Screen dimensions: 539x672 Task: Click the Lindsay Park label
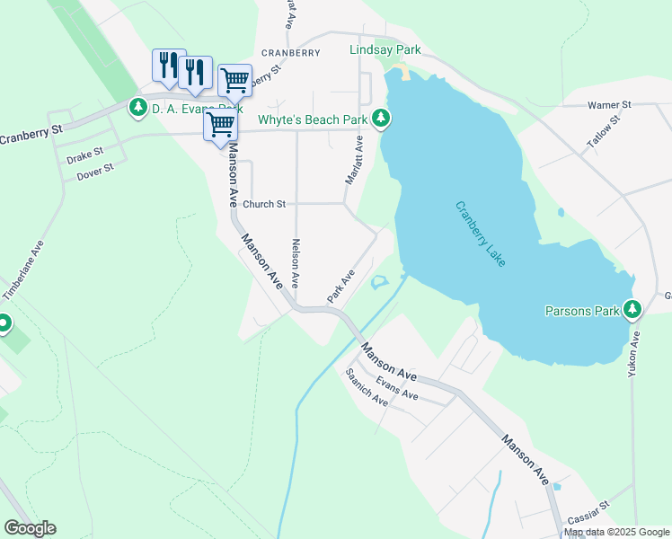click(385, 50)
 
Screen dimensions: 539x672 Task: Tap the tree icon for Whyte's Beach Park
click(382, 119)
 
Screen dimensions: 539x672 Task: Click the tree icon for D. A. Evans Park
click(138, 109)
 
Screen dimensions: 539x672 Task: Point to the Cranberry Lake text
click(481, 234)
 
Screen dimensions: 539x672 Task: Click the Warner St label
click(610, 105)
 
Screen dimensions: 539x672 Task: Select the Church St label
click(264, 204)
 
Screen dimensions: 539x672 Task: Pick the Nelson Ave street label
click(295, 262)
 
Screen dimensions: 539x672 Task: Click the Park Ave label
click(341, 285)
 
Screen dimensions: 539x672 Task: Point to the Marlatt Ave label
click(353, 160)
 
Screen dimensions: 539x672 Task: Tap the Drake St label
click(85, 155)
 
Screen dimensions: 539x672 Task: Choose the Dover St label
click(94, 169)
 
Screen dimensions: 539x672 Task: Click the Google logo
click(30, 528)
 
